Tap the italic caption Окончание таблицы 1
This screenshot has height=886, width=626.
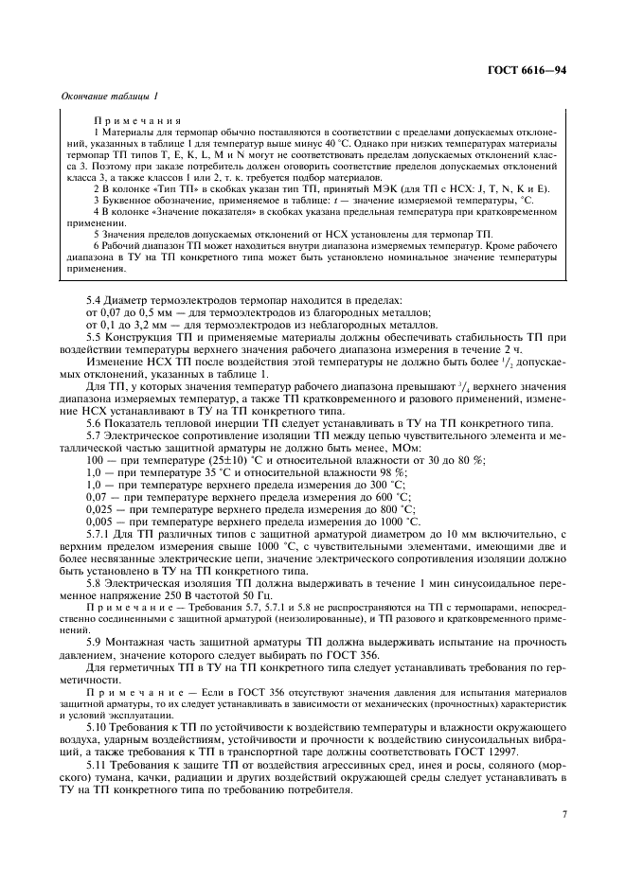point(109,96)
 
